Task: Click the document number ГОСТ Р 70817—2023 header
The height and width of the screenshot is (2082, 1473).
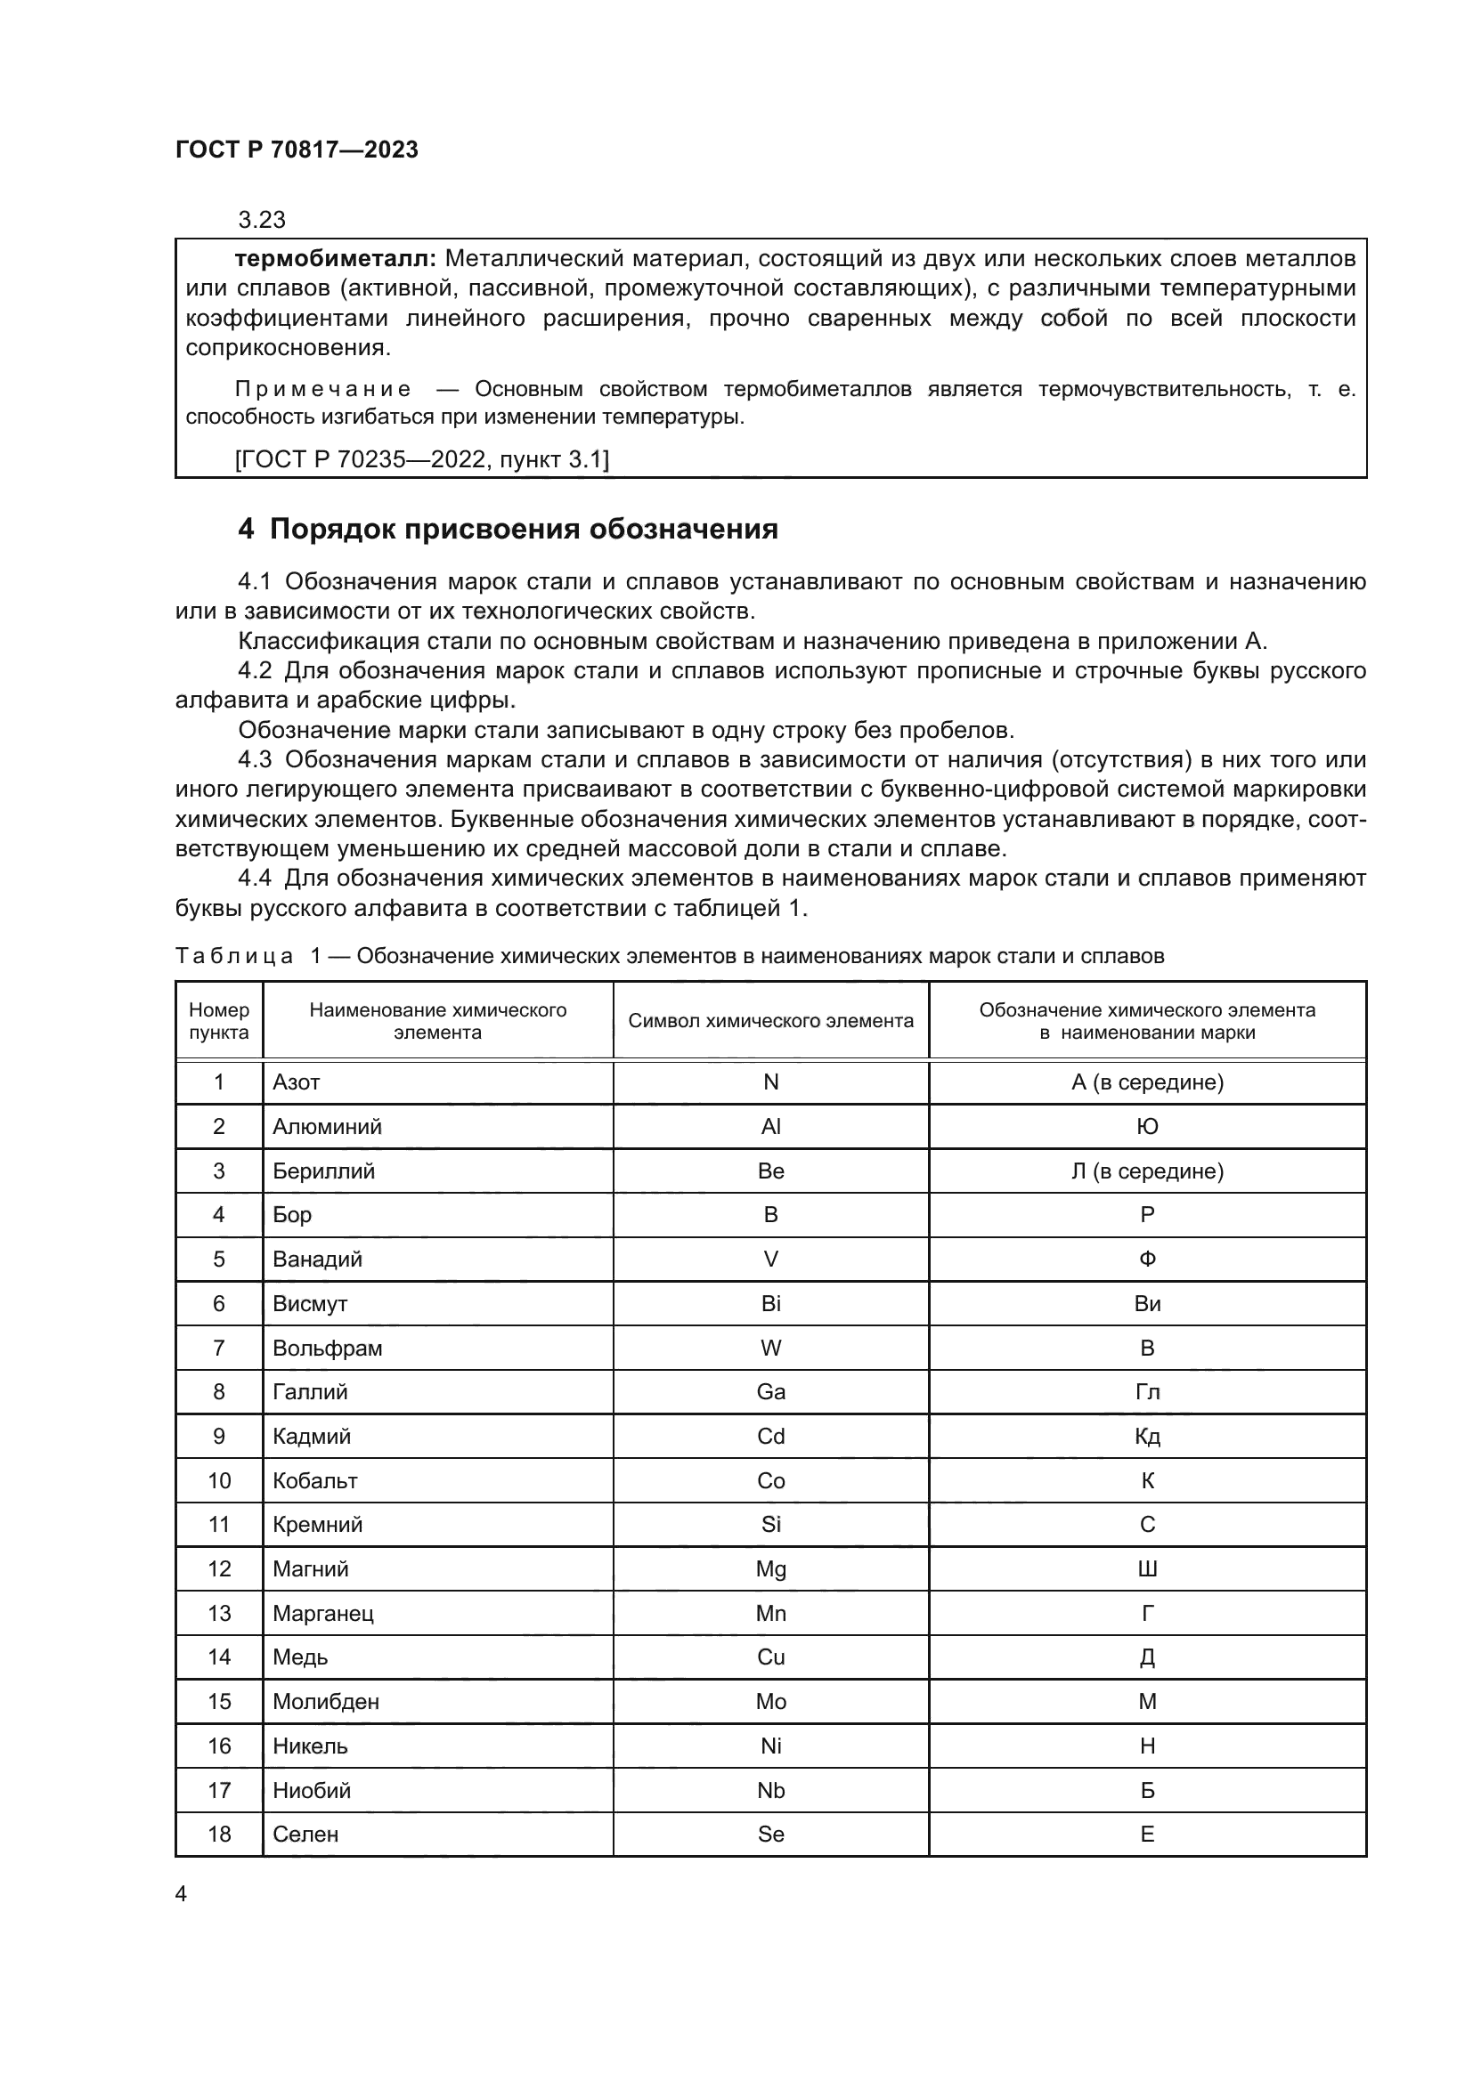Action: click(x=297, y=150)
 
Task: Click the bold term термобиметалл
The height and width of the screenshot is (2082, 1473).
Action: click(x=336, y=259)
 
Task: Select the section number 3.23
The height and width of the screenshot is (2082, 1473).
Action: click(x=261, y=221)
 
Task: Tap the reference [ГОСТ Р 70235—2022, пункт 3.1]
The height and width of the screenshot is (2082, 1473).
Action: click(x=422, y=459)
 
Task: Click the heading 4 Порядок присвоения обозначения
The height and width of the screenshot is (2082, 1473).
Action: click(x=508, y=530)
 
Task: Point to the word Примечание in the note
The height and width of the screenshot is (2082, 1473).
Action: click(x=323, y=390)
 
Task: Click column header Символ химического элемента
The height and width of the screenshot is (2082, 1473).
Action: click(x=771, y=1021)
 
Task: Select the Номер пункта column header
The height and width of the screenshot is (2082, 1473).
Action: click(x=218, y=1021)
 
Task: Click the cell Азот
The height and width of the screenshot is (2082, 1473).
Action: click(x=297, y=1082)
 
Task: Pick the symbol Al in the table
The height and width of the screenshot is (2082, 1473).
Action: click(x=771, y=1127)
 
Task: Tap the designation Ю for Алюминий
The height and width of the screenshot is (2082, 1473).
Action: click(x=1147, y=1127)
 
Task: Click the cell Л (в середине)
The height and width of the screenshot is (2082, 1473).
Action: click(x=1147, y=1171)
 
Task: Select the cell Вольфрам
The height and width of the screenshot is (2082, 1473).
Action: click(x=328, y=1349)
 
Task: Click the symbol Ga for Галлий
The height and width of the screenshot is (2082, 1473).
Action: click(x=771, y=1392)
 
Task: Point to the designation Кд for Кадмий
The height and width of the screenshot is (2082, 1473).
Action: click(x=1147, y=1437)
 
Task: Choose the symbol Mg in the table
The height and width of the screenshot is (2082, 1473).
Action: click(x=771, y=1568)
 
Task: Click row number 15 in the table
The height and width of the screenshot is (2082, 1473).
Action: click(x=219, y=1701)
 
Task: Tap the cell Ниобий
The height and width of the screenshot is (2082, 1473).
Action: click(x=312, y=1790)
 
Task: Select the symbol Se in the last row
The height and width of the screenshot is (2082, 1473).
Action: click(x=771, y=1834)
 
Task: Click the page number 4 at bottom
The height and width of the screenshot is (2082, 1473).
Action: click(x=181, y=1894)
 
